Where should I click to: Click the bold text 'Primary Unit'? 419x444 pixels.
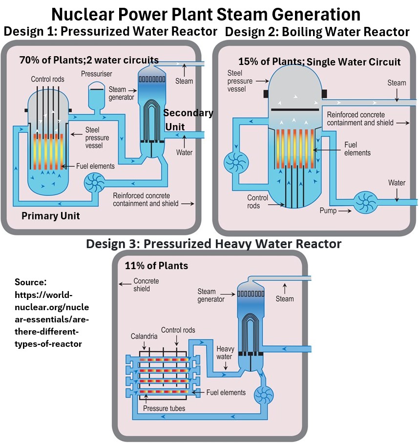(x=50, y=215)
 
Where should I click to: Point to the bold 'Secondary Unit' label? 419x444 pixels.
(x=188, y=119)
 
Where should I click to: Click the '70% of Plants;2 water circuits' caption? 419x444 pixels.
(x=89, y=60)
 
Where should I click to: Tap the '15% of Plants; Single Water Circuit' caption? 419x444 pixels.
(x=319, y=62)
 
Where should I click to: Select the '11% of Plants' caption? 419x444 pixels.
(x=156, y=266)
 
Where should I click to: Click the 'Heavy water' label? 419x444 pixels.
(x=225, y=353)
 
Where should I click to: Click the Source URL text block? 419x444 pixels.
(x=52, y=313)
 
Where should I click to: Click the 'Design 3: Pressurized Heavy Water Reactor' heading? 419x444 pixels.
(x=213, y=243)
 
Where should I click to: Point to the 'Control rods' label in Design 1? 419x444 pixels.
(x=47, y=79)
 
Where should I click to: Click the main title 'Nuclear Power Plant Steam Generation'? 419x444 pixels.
(x=206, y=14)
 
